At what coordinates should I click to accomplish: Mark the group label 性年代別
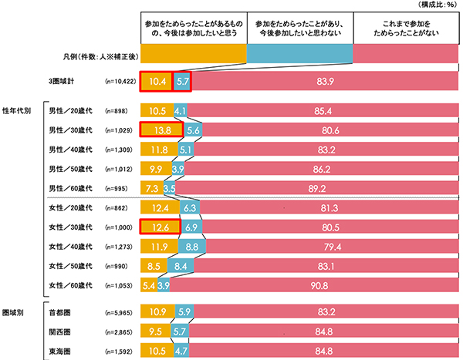pos(17,110)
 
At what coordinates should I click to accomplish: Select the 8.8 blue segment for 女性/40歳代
pos(193,247)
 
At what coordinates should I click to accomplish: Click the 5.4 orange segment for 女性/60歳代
pos(148,285)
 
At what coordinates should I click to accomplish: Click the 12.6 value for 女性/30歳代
pos(160,227)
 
